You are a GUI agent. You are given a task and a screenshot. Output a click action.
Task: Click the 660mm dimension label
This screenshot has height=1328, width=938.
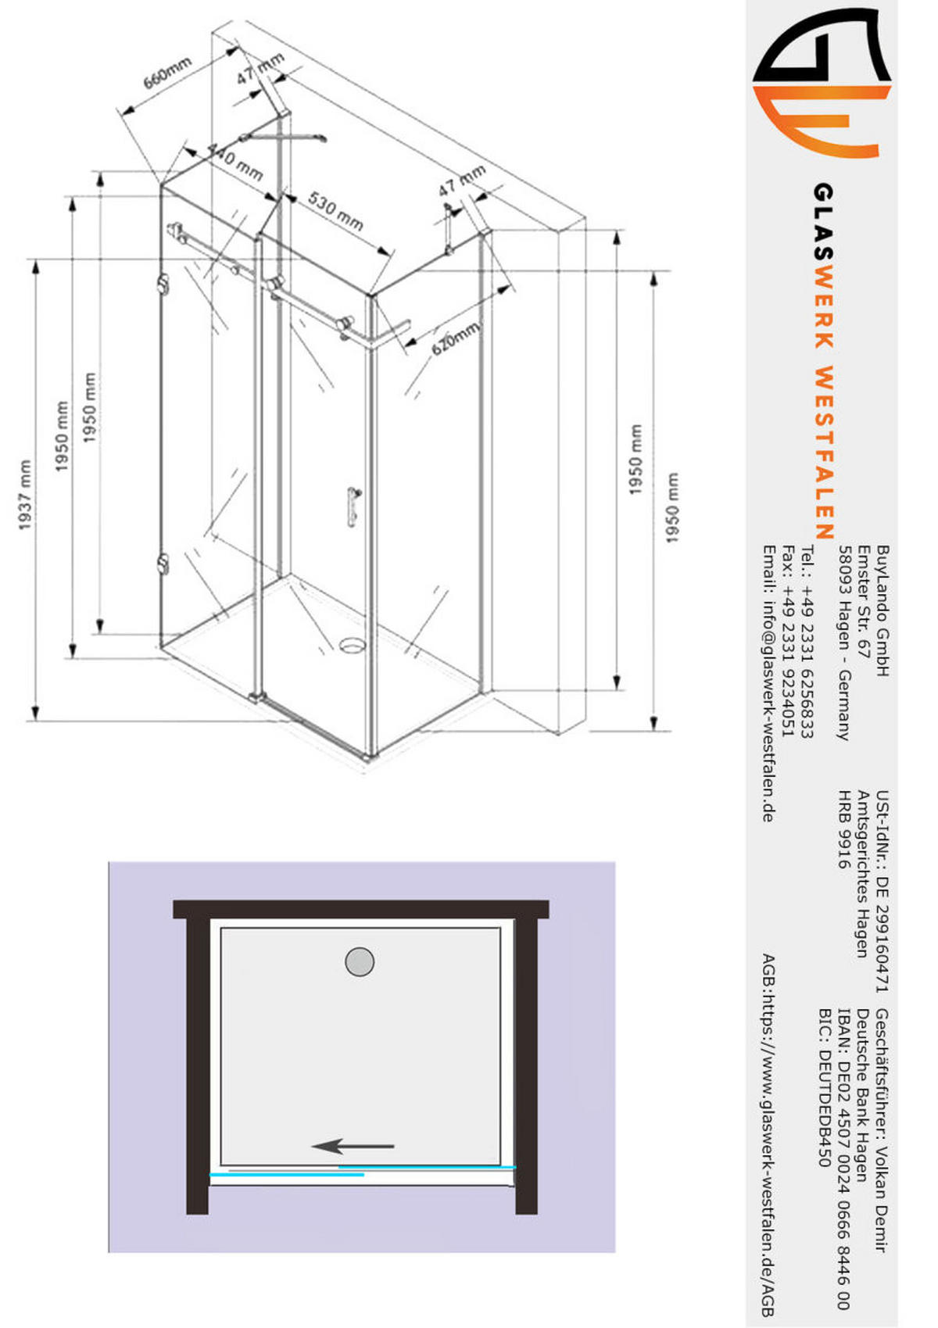pos(166,72)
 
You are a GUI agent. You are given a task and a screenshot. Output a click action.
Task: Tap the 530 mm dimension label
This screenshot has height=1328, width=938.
pos(335,211)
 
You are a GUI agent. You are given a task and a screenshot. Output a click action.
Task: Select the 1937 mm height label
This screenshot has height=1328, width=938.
pos(26,495)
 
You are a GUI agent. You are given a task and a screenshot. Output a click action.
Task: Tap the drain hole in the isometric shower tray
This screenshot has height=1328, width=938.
pos(352,646)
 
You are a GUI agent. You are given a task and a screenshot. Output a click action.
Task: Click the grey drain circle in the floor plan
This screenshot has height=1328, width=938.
pos(360,961)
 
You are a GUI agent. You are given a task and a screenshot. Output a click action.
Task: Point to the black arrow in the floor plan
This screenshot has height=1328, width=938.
pos(353,1147)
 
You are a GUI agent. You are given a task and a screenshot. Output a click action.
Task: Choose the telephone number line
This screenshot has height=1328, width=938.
pos(807,642)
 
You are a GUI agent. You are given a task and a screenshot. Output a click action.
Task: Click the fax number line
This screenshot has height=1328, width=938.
pos(788,642)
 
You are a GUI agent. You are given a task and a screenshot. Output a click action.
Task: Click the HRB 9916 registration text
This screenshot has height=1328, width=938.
pos(844,829)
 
